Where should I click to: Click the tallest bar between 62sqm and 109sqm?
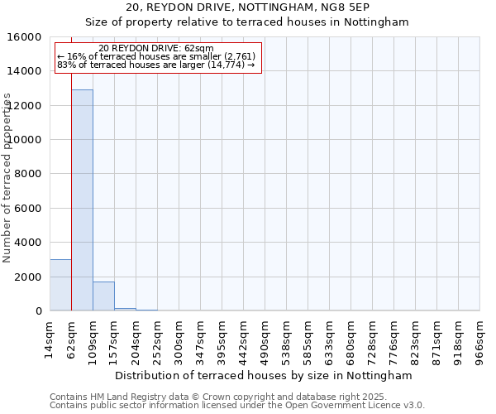(x=82, y=200)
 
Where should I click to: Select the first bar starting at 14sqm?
(x=60, y=285)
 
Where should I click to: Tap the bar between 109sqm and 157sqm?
(x=103, y=296)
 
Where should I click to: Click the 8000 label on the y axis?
(x=28, y=174)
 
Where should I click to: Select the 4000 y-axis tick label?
(x=28, y=243)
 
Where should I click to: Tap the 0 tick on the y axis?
(x=39, y=311)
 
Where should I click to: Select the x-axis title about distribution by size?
(x=263, y=375)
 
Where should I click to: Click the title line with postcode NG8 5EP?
(x=249, y=7)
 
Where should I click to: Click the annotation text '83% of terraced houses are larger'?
(x=156, y=65)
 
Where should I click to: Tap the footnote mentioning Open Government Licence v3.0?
(x=236, y=405)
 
